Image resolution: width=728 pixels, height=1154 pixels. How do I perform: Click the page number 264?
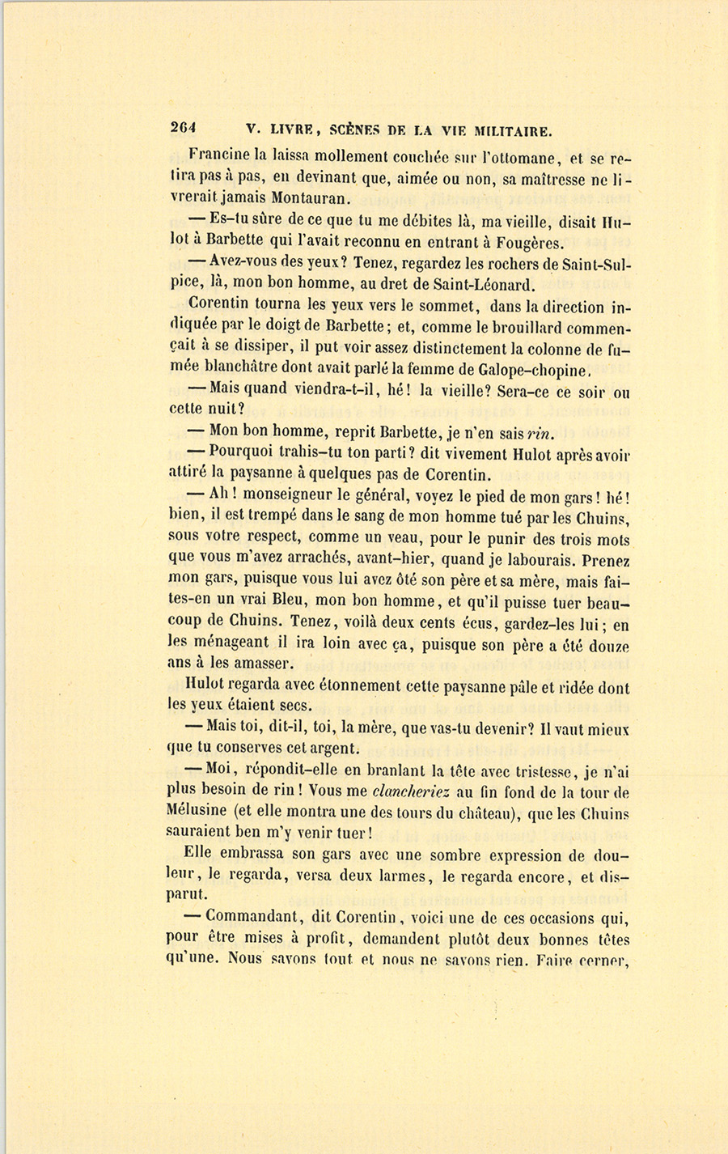point(185,128)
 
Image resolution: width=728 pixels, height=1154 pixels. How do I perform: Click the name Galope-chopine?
point(523,371)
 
